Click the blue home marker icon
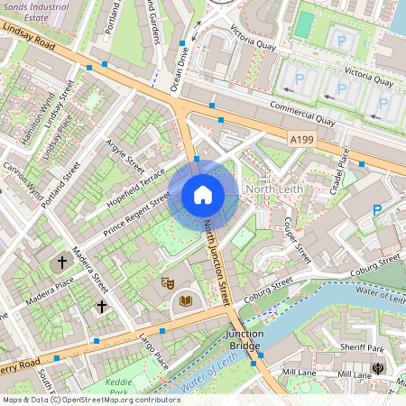click(x=203, y=195)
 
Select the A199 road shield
click(x=302, y=139)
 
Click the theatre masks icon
click(x=166, y=282)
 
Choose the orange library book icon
click(x=186, y=300)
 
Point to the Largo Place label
click(x=155, y=351)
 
